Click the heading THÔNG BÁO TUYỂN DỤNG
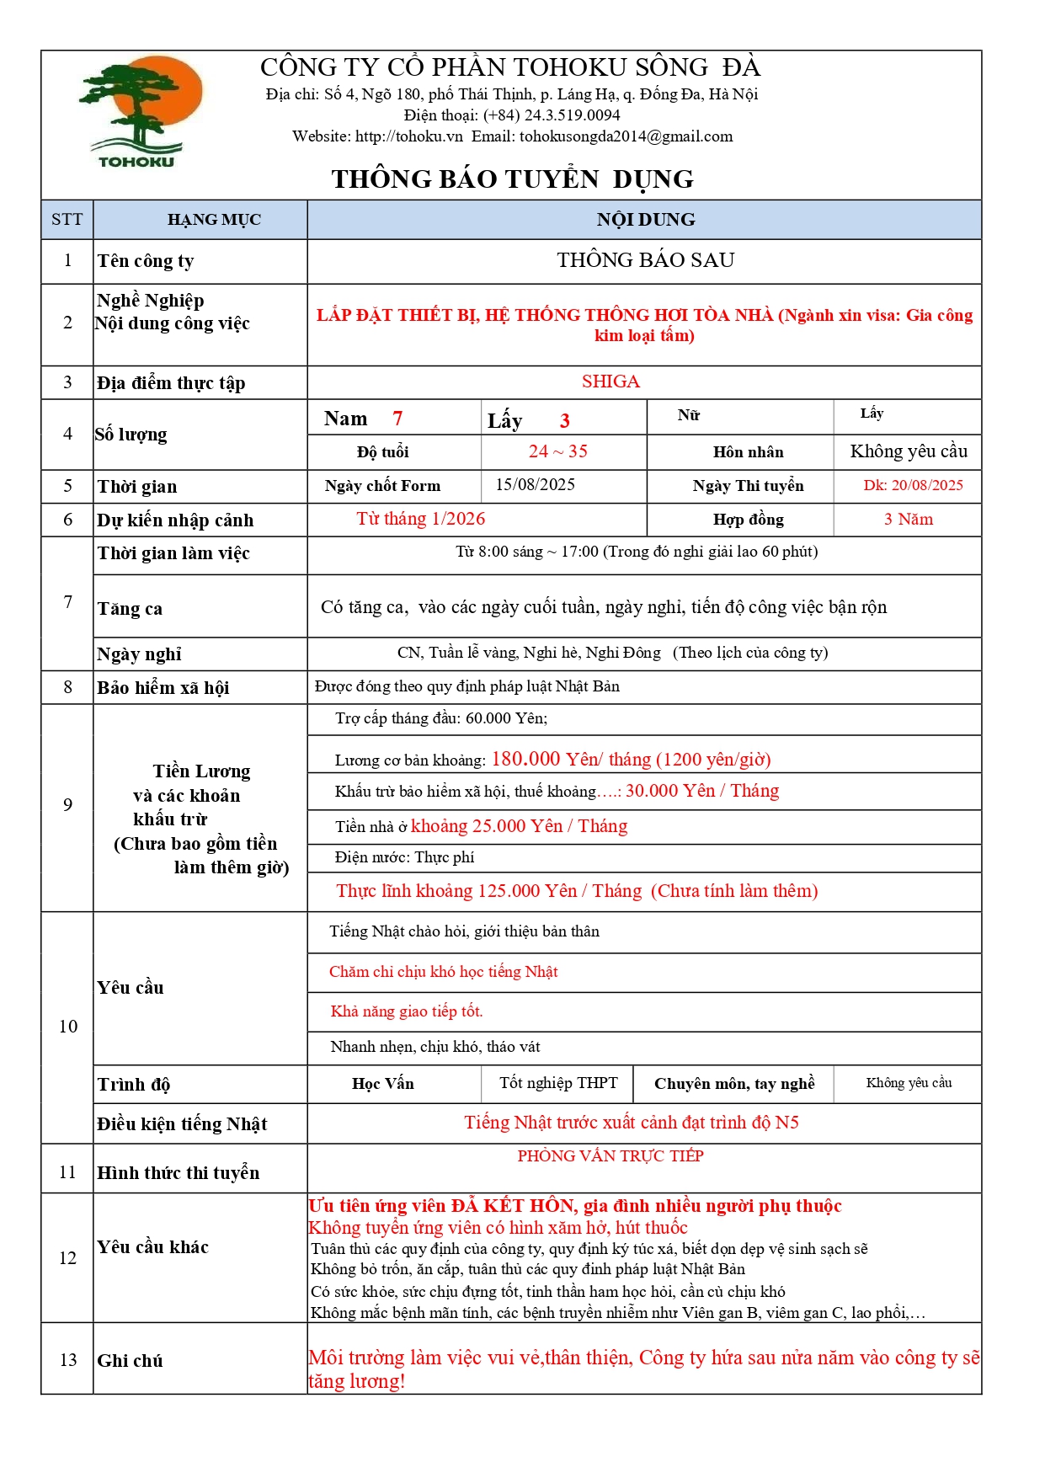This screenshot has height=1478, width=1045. (512, 179)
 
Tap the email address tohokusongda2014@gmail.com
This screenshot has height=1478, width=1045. (626, 136)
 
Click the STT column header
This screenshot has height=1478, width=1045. (67, 220)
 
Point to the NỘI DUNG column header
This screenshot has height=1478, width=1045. (645, 220)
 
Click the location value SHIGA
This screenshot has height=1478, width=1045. (610, 382)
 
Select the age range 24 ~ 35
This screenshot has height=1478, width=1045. (557, 451)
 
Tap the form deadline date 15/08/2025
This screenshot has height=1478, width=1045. (535, 485)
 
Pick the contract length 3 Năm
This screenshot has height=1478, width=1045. (908, 520)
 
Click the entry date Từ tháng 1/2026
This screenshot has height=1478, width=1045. (420, 519)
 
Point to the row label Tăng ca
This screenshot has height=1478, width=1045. (130, 609)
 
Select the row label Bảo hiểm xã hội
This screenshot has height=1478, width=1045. (163, 688)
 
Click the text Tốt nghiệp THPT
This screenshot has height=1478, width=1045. (557, 1083)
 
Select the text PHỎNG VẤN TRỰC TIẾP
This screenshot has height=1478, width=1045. (610, 1156)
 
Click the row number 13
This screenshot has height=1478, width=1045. (68, 1360)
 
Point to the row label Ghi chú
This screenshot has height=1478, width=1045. (130, 1361)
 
